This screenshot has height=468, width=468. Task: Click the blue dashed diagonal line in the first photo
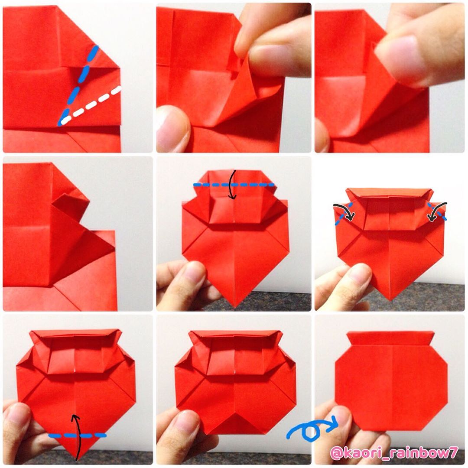click(x=78, y=85)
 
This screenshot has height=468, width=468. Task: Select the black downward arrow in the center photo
click(x=233, y=185)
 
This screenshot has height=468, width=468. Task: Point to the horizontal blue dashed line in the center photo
click(x=234, y=185)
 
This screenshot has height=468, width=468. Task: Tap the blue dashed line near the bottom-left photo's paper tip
click(x=77, y=436)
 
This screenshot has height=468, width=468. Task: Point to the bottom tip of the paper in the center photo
click(x=234, y=307)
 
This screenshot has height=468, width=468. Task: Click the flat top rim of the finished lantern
click(x=390, y=337)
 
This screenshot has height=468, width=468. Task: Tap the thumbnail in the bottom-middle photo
click(x=185, y=426)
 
